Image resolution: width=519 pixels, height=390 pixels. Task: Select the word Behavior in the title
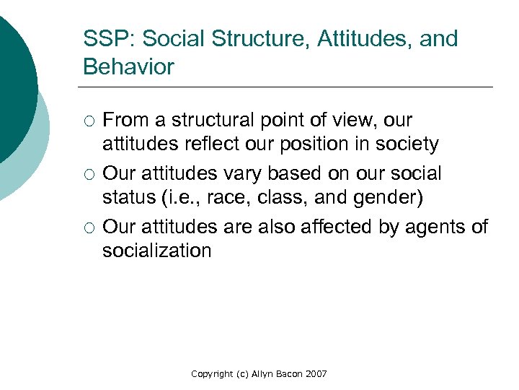128,67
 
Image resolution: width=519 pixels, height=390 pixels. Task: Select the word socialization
156,251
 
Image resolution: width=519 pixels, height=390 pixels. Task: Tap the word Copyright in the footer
213,373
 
